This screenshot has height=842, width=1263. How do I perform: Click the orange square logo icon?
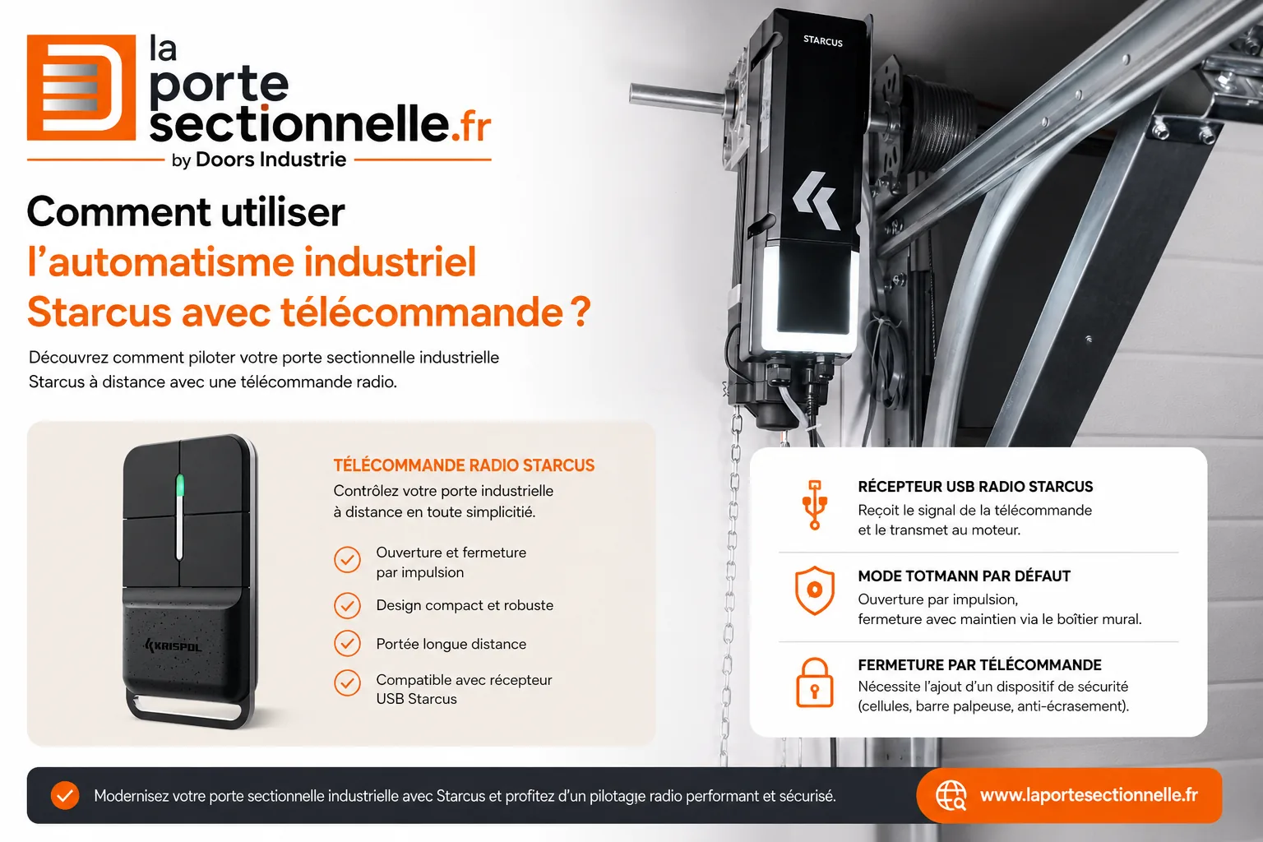pos(81,87)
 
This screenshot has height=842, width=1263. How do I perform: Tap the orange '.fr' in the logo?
pos(471,125)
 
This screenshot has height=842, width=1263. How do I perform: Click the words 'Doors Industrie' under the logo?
pos(271,160)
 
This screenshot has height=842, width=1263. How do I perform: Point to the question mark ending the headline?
pos(581,312)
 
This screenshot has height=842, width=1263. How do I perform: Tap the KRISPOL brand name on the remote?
pos(173,646)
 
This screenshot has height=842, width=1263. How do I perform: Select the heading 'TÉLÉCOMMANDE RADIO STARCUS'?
pos(464,465)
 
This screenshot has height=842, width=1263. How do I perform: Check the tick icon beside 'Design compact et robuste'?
pos(347,605)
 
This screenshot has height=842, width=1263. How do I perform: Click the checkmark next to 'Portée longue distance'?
pos(347,644)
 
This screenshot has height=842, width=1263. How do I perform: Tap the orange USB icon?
pos(815,505)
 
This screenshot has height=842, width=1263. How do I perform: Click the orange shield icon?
pos(815,590)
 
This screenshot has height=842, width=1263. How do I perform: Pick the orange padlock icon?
pos(814,682)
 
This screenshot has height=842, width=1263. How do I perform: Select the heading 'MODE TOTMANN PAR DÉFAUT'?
pos(965,576)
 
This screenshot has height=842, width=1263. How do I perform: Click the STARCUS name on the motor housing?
pos(822,40)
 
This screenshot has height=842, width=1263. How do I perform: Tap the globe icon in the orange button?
pos(951,796)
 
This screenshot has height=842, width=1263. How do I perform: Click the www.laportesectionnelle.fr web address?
pos(1089,795)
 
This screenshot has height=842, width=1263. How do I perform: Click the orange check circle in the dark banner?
pos(65,796)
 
